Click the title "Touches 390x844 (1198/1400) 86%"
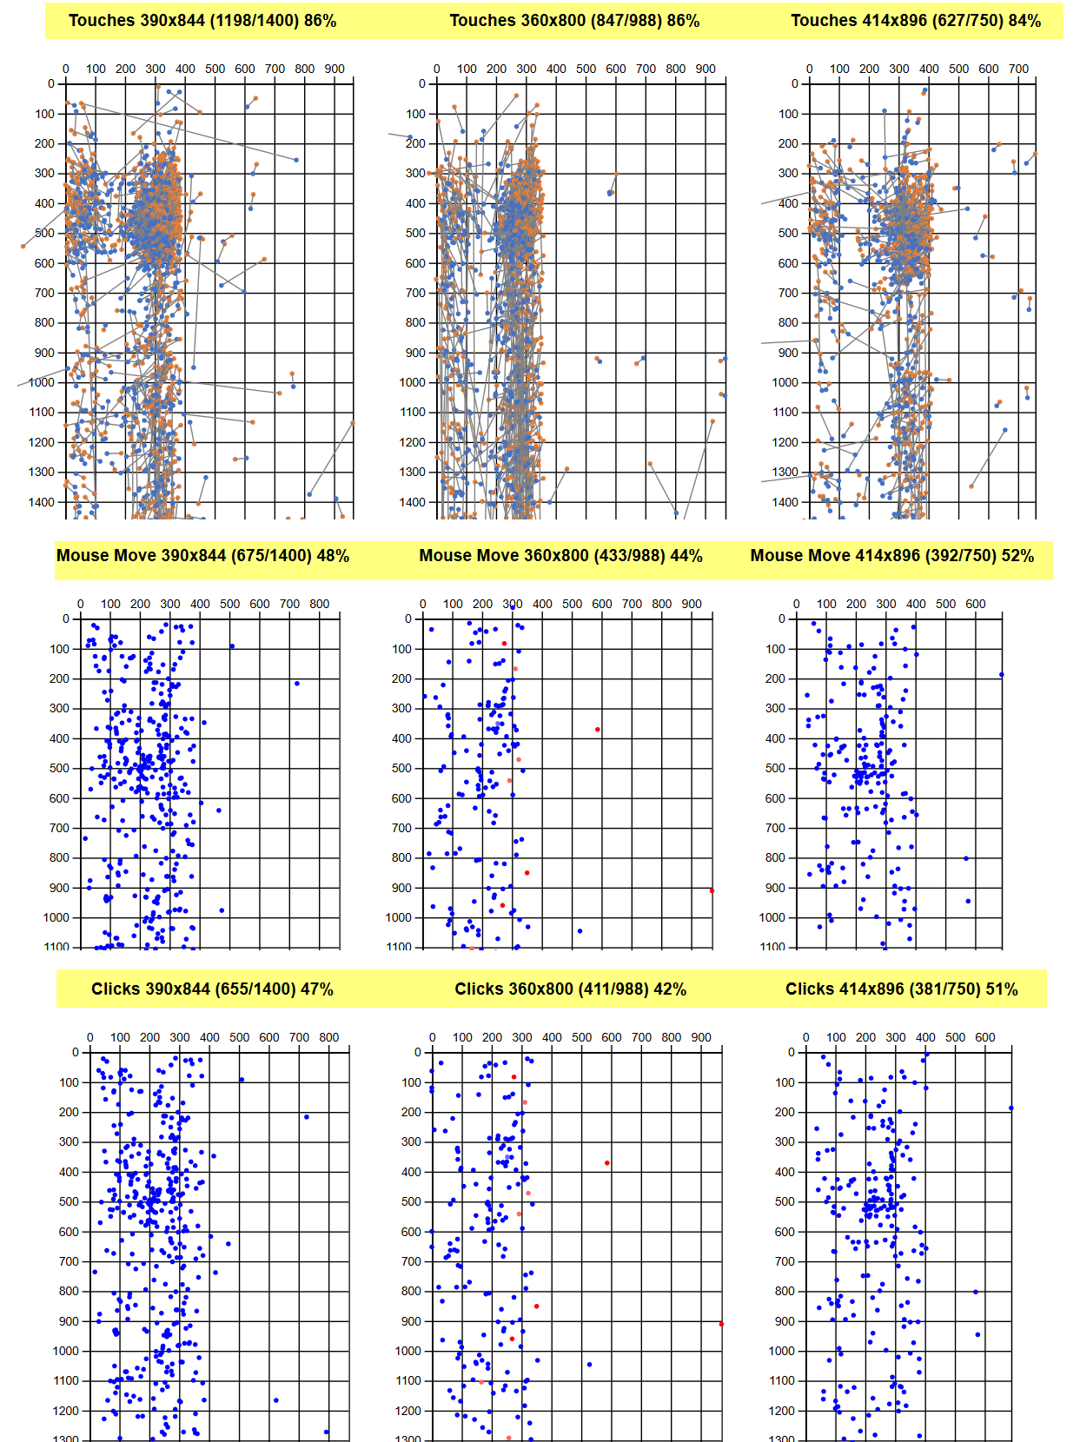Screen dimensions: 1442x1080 coord(202,21)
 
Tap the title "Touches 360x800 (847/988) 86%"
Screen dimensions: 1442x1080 coord(574,21)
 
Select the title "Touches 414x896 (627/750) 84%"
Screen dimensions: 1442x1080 coord(915,21)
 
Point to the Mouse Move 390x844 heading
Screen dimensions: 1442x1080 coord(202,556)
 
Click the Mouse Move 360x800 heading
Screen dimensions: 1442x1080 coord(560,556)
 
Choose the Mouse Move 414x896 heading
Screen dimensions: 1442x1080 coord(891,556)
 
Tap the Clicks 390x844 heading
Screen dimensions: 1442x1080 coord(212,989)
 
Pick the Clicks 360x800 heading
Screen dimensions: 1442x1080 coord(570,989)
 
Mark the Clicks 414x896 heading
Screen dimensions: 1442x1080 coord(901,989)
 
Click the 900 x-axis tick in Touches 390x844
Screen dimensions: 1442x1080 coord(335,69)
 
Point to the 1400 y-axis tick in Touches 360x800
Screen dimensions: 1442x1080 coord(413,502)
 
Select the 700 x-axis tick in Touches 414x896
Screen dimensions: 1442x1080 coord(1018,69)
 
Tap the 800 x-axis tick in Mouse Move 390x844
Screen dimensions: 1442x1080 coord(319,604)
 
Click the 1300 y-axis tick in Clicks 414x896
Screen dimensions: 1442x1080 coord(784,1439)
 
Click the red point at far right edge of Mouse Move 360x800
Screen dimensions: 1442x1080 coord(712,890)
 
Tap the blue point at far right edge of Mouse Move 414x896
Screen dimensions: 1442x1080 coord(1001,674)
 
